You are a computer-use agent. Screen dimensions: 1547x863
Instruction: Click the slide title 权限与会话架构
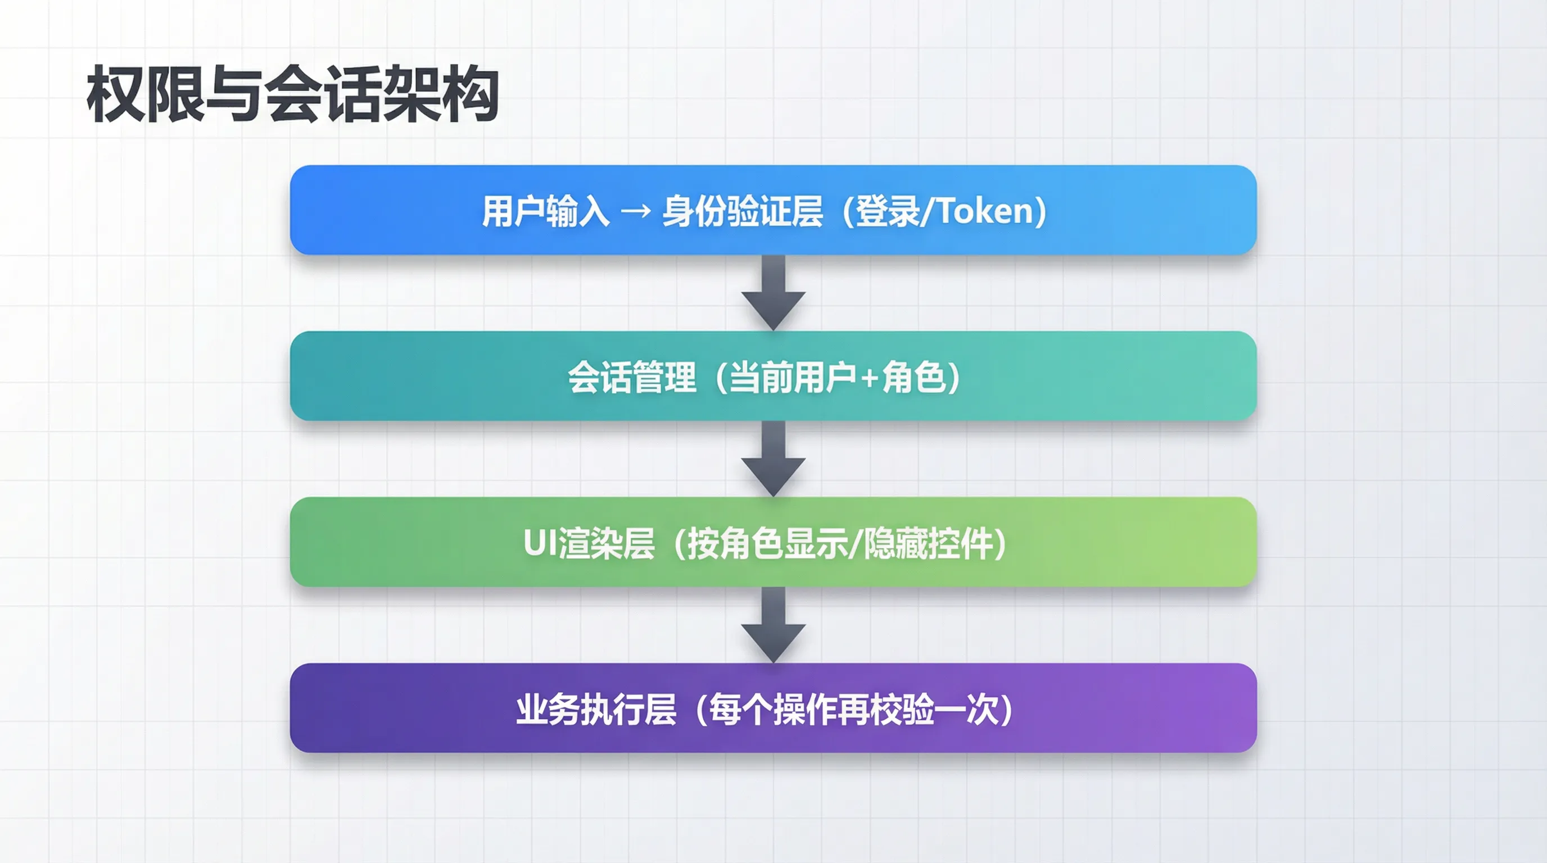292,94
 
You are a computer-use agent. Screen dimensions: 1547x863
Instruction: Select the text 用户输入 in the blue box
546,211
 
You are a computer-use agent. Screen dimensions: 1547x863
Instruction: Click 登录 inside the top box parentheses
887,211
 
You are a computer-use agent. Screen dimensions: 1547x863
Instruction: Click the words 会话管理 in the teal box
632,378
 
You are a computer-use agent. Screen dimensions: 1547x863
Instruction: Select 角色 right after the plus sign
913,378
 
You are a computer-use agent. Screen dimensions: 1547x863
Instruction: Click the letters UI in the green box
540,543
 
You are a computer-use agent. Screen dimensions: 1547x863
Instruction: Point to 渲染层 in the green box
606,544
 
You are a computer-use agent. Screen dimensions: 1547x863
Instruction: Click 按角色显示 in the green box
768,544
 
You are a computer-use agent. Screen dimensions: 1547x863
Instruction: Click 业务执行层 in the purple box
596,710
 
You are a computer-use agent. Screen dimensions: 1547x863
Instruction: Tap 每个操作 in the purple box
773,710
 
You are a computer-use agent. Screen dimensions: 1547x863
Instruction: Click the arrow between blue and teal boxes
773,293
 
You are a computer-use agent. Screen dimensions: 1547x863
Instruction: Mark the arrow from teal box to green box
773,459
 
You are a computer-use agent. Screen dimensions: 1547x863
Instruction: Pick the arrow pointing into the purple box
773,625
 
